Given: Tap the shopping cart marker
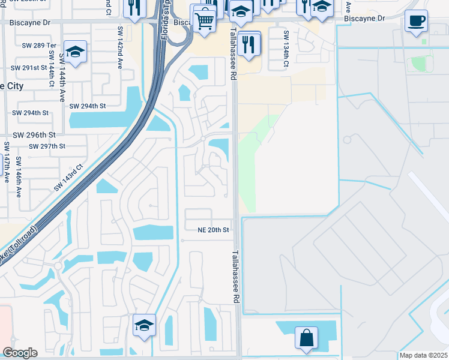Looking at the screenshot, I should point(205,20).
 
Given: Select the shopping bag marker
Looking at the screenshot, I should point(306,338).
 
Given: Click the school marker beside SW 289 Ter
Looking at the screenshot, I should point(76,53).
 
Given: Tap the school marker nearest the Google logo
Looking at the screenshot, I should point(144,326).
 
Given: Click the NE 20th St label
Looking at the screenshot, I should point(214,230).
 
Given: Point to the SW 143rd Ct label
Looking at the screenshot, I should point(70,178).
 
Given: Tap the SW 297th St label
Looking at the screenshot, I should point(47,146).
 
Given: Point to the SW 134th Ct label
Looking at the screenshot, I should point(286,47).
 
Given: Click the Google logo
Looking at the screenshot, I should point(20,353).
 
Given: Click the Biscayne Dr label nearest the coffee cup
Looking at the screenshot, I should point(364,19).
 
